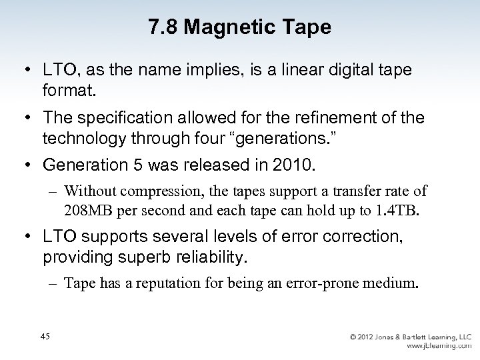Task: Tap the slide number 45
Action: (x=45, y=336)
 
